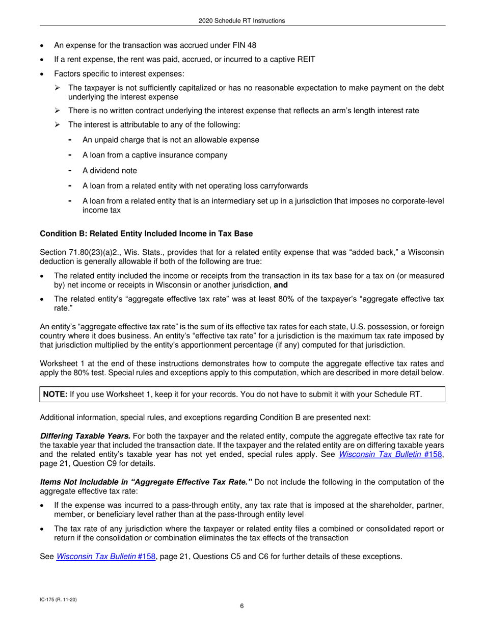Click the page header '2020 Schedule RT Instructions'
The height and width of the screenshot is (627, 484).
click(241, 21)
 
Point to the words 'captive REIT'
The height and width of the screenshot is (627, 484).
click(293, 60)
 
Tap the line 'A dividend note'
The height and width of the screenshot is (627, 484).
click(110, 171)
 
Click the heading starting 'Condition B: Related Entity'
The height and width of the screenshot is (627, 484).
click(146, 233)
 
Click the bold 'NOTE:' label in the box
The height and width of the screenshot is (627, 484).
click(55, 394)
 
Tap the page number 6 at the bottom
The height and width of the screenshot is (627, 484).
click(242, 606)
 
